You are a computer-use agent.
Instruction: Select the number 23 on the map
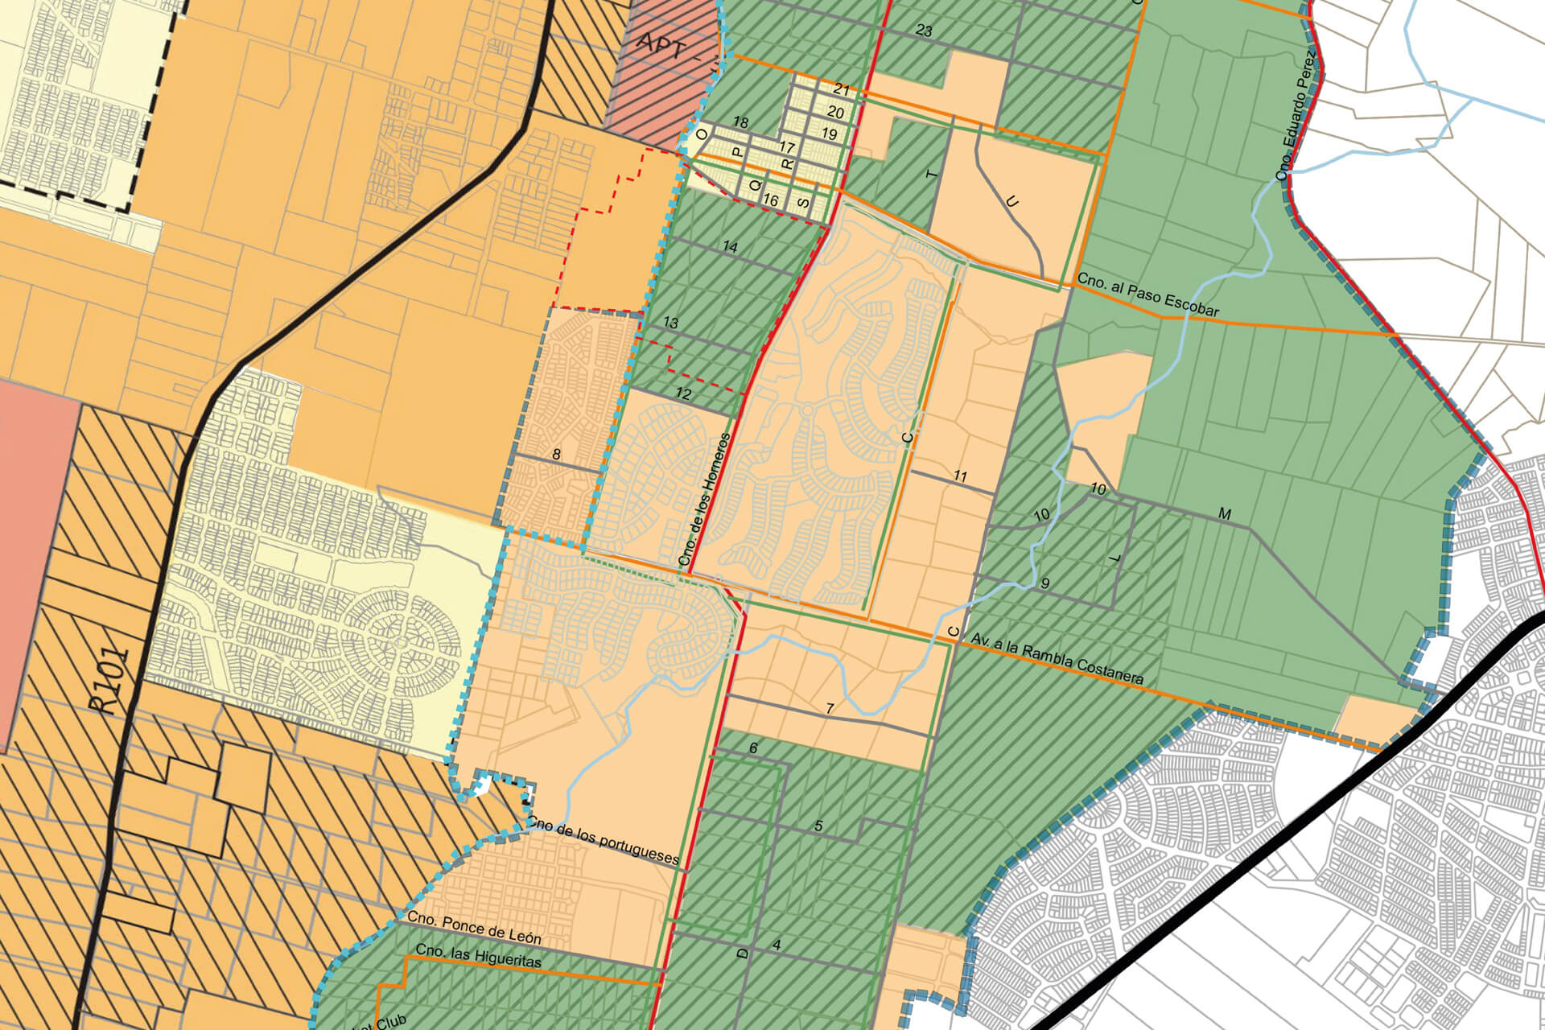pos(924,31)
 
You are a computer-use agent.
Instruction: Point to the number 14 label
pos(730,247)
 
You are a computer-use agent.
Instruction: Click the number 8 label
pos(556,454)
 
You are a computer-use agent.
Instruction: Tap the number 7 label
pos(830,709)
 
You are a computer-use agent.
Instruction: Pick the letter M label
pos(1225,514)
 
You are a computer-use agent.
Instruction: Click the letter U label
pos(1013,202)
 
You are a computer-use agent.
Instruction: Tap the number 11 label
pos(960,476)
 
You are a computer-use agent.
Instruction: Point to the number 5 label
pos(818,826)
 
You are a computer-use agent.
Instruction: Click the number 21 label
pos(842,89)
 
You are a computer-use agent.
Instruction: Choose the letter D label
pos(743,953)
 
